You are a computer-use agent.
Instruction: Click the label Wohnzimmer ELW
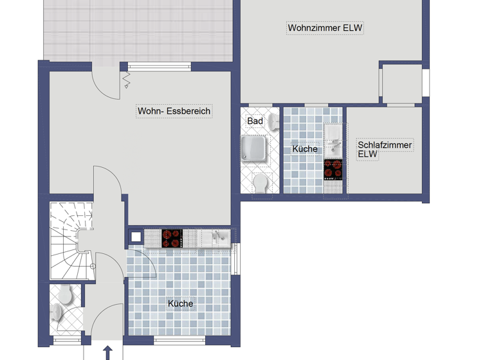click(x=325, y=28)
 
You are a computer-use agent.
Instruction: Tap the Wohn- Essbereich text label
click(x=174, y=111)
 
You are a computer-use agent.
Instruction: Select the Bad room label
click(x=255, y=121)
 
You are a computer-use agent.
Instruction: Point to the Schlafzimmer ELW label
click(x=385, y=149)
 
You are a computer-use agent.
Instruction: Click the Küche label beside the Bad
click(x=305, y=149)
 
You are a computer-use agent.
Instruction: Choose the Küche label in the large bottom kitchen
click(x=180, y=303)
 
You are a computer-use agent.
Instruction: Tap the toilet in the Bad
click(x=261, y=183)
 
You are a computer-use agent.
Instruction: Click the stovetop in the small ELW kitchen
click(x=333, y=169)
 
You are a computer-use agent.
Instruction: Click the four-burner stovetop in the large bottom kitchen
click(x=172, y=238)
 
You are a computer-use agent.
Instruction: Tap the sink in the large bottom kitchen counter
click(x=218, y=238)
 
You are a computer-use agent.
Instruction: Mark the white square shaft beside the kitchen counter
click(x=136, y=237)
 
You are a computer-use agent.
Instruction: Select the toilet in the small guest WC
click(x=65, y=296)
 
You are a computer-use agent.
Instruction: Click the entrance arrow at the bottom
click(x=108, y=353)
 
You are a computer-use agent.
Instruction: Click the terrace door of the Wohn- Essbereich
click(x=106, y=82)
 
